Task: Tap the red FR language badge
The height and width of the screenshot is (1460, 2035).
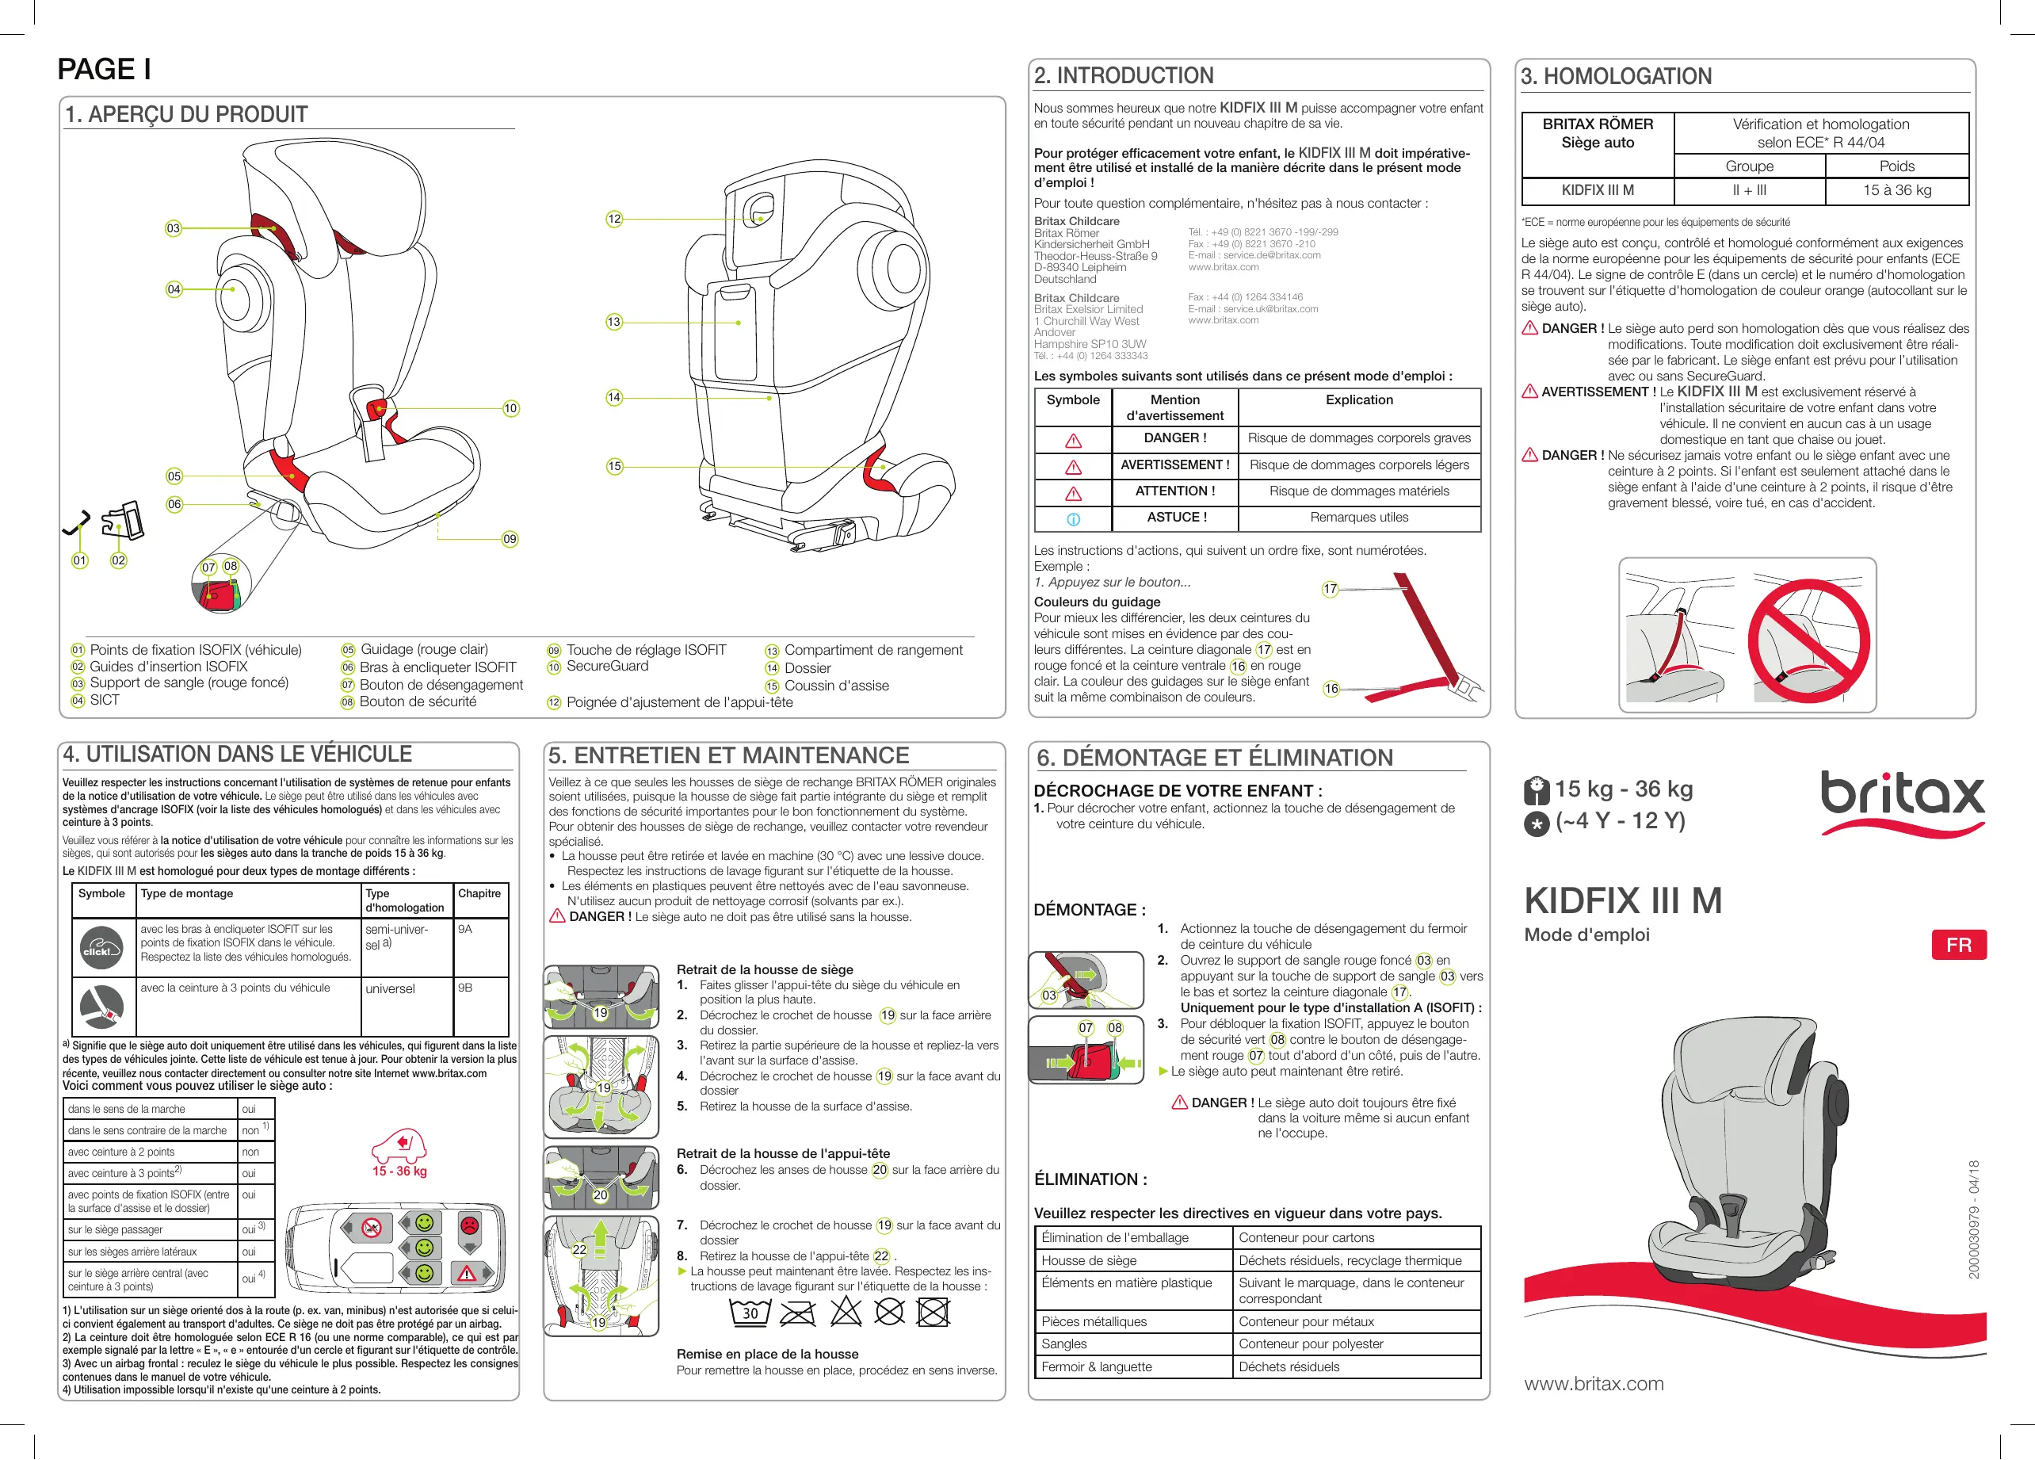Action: point(1958,945)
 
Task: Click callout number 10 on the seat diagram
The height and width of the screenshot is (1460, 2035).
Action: point(510,408)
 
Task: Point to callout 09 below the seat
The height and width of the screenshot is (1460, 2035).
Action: point(510,539)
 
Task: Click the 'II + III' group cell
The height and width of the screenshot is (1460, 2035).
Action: point(1749,190)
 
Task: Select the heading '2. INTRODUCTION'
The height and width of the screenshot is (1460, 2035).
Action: point(1124,76)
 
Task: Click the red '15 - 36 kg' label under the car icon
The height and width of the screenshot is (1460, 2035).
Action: point(399,1171)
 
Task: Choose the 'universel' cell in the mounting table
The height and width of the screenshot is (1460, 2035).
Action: point(391,989)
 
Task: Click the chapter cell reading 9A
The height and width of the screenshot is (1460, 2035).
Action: point(465,930)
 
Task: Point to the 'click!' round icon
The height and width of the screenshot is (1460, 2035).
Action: point(101,950)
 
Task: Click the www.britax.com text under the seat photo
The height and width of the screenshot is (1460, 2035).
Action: point(1594,1384)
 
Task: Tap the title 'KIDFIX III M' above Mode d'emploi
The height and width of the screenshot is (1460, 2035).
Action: point(1622,901)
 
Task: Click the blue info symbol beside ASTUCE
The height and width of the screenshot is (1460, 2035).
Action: point(1073,518)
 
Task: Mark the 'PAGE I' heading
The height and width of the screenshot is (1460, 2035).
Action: point(104,69)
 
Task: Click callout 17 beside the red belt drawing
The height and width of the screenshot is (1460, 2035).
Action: point(1330,589)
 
